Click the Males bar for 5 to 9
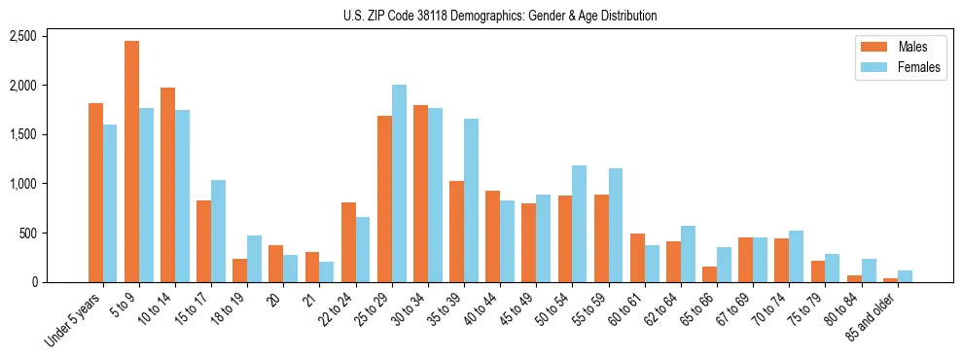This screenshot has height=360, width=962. tap(131, 162)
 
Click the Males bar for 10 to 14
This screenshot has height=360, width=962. tap(167, 185)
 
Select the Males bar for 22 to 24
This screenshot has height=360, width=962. tap(348, 242)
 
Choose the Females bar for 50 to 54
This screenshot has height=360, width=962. tap(580, 224)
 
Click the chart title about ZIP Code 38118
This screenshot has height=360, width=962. tap(500, 16)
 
